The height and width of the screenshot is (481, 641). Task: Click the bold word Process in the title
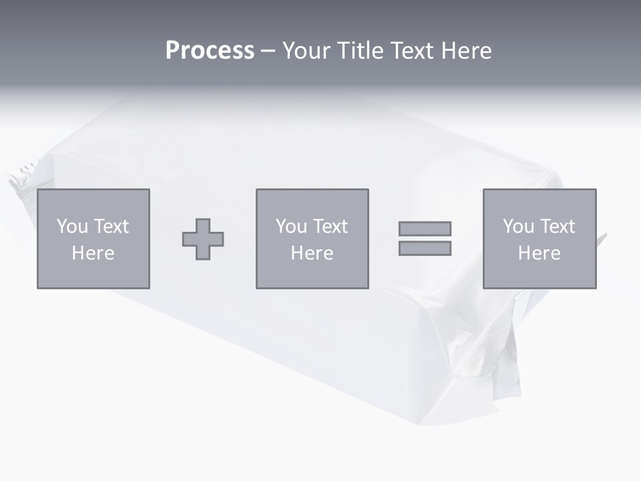(210, 51)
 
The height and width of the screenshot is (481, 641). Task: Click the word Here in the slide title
(467, 51)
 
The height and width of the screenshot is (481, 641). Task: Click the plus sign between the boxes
(203, 239)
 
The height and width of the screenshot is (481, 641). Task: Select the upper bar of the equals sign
(425, 228)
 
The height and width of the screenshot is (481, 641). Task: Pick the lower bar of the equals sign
(425, 249)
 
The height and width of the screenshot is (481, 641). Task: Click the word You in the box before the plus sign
(72, 226)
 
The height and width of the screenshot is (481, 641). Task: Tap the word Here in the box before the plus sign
(93, 253)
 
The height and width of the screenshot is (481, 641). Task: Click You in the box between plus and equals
(291, 226)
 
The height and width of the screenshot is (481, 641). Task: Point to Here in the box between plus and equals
(312, 253)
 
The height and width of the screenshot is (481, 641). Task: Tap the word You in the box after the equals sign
(518, 226)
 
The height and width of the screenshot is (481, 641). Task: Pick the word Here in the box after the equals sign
(539, 253)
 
